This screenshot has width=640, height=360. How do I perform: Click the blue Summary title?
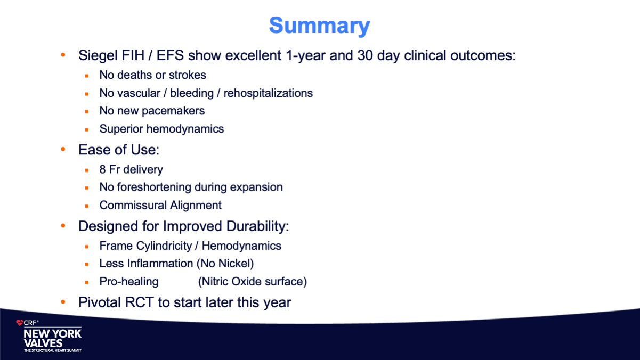[x=319, y=26]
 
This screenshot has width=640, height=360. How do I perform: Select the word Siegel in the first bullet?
[x=98, y=56]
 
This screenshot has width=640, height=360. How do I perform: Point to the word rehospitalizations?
[x=268, y=93]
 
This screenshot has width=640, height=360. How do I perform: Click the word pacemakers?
[x=173, y=111]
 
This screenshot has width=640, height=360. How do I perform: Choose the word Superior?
[x=121, y=129]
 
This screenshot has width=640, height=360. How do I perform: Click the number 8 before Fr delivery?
[x=102, y=169]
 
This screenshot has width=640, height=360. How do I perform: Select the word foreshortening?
[x=154, y=187]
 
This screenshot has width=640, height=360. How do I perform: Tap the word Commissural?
[x=133, y=205]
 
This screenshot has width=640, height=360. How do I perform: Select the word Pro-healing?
[x=129, y=282]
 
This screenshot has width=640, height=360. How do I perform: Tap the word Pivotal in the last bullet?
[x=100, y=302]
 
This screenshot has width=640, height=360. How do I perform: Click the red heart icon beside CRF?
[x=19, y=323]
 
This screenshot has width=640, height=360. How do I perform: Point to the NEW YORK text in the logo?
[x=53, y=334]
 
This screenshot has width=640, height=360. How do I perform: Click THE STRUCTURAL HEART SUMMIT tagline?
[x=53, y=350]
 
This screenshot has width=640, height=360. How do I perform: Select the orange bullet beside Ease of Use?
[x=63, y=149]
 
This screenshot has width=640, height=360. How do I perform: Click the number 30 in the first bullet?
[x=365, y=56]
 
